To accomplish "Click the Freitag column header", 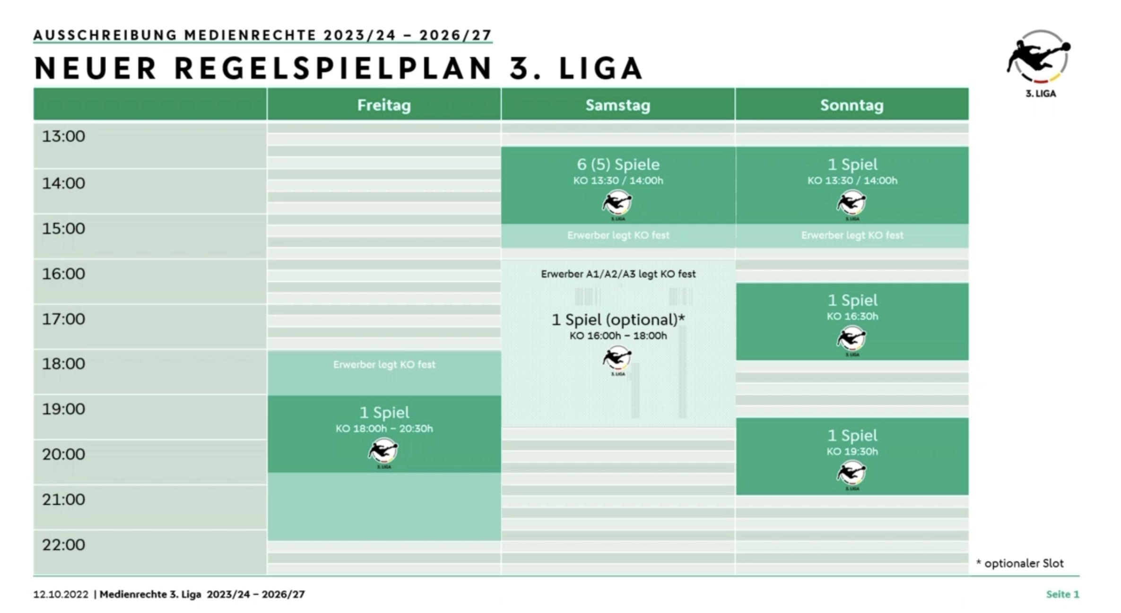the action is tap(384, 105).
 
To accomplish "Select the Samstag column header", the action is tap(618, 105).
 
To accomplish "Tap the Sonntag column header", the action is tap(852, 105).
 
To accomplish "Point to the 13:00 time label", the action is tap(64, 136).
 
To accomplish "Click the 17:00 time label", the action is tap(64, 319).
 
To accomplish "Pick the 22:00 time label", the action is tap(64, 544).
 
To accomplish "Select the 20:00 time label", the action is tap(64, 454).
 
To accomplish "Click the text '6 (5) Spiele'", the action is tap(618, 164).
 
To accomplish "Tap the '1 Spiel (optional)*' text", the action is tap(618, 320).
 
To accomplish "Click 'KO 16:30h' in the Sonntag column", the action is tap(852, 316).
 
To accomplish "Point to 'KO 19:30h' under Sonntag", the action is tap(852, 451).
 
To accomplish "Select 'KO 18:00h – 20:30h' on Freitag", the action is tap(384, 429).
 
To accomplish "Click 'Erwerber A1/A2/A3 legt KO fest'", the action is tap(618, 274).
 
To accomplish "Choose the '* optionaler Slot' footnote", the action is tap(1020, 563).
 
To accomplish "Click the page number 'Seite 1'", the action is tap(1063, 594).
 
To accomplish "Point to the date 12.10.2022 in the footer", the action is tap(61, 594).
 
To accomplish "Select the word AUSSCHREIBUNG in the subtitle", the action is tap(105, 35).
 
